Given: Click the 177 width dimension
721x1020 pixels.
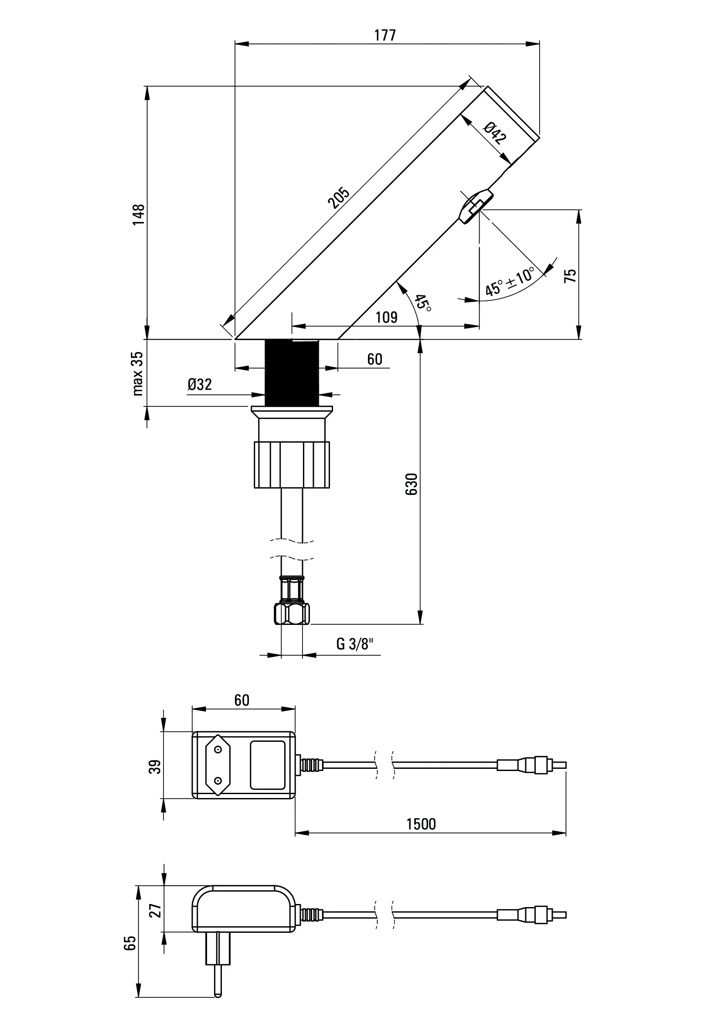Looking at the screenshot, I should [384, 34].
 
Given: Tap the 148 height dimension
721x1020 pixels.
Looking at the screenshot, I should [139, 214].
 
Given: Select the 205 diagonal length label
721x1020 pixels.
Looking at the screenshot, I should [339, 198].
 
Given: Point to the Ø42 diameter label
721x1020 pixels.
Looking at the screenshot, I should [495, 133].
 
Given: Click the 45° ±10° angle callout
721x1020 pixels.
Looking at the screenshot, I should [510, 282].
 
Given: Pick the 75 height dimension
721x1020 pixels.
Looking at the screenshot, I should [570, 276].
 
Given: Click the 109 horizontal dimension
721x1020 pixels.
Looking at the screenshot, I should [386, 317].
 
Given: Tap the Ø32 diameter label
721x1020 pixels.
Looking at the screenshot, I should [200, 384].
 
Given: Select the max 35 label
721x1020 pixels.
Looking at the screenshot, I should [138, 373].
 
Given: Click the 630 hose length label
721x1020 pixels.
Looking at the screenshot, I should [412, 484].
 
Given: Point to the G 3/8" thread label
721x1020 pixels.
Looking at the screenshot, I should [355, 644].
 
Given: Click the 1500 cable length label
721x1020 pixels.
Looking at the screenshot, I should [422, 825].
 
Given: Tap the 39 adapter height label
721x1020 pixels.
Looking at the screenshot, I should [155, 767].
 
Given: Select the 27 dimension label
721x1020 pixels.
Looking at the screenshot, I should [155, 911].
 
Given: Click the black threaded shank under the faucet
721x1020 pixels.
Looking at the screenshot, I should [292, 372].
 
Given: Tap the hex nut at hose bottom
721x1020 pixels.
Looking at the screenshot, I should [292, 614].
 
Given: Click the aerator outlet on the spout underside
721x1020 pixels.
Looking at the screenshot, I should [476, 207].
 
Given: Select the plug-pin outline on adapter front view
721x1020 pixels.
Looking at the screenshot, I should [218, 765].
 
